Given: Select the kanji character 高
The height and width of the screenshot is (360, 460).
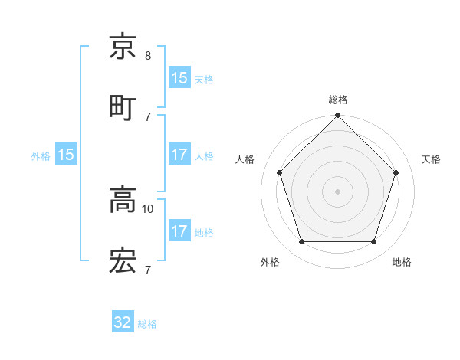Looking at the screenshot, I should (123, 201).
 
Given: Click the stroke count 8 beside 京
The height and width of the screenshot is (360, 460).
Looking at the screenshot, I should (148, 56).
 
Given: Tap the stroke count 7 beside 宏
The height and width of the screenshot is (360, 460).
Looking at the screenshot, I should (148, 270).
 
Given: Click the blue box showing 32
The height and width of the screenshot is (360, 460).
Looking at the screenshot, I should (123, 323).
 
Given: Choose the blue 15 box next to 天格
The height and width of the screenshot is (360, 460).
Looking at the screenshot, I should (179, 78).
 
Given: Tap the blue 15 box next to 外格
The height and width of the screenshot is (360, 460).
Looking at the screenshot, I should (66, 155).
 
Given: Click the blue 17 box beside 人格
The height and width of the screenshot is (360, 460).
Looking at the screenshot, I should (179, 155).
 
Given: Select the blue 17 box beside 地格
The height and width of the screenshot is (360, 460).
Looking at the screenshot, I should (179, 231).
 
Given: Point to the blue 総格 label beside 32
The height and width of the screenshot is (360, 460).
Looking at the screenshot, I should (147, 324).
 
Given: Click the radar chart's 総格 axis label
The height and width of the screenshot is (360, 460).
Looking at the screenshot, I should (338, 100).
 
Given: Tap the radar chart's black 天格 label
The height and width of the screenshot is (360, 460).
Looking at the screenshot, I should (431, 159).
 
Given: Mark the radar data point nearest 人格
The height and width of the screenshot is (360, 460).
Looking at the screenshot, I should (280, 172).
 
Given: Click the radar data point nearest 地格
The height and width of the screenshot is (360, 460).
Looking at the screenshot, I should (374, 242).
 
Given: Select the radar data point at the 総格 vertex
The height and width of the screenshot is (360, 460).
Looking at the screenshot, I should (338, 116).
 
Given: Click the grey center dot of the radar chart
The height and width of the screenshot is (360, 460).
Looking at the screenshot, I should (338, 191).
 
